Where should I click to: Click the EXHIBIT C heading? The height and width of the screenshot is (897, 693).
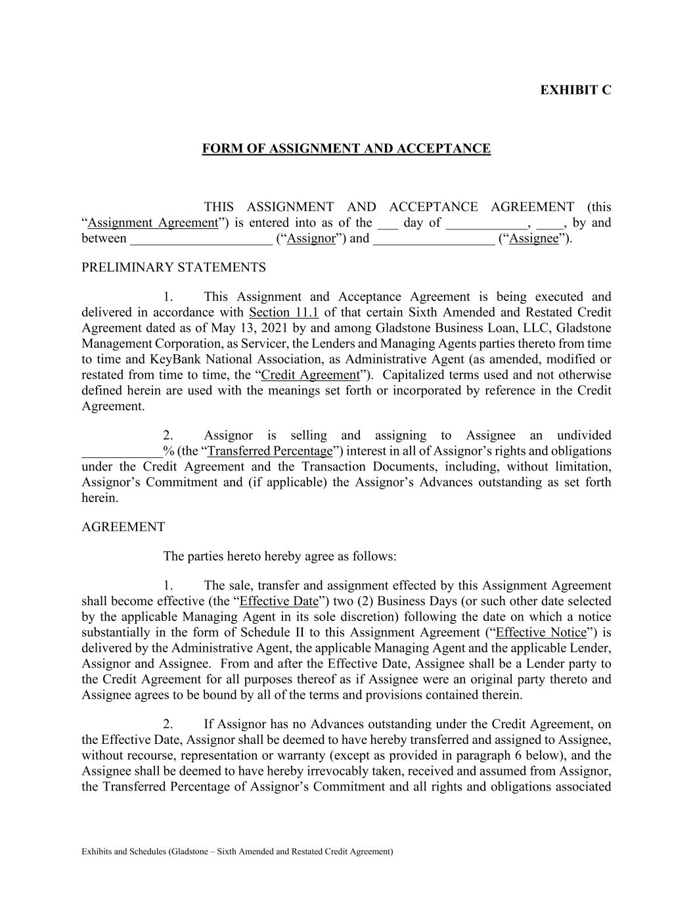point(575,90)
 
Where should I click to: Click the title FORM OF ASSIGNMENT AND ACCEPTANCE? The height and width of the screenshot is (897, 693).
point(346,149)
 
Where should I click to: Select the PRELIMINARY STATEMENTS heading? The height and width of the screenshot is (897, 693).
point(173,267)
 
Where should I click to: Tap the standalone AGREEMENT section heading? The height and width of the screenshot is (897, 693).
point(123,527)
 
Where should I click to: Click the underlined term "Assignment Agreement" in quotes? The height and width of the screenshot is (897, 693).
point(152,223)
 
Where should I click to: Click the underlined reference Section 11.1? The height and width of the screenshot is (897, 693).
point(284,312)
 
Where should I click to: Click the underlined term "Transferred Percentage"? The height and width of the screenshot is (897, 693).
point(270,451)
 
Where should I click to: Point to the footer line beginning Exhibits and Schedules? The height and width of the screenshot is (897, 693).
point(237,852)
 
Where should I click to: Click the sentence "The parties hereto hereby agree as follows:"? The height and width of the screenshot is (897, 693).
point(280,557)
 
